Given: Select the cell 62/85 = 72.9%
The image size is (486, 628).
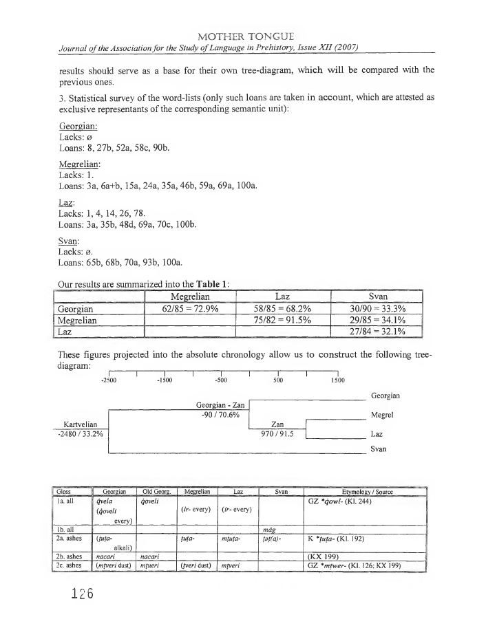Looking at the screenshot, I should pos(190,308).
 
